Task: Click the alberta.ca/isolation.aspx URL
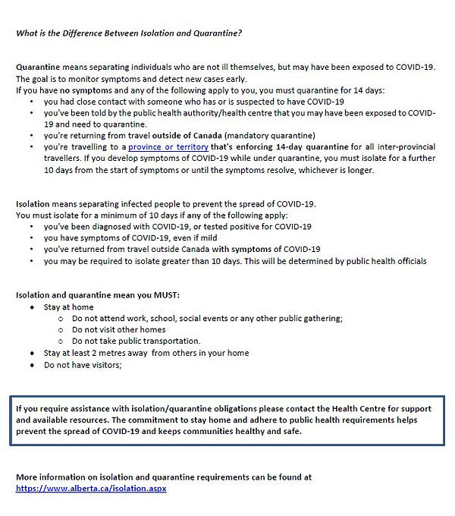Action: pos(91,488)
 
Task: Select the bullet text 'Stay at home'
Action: pos(69,307)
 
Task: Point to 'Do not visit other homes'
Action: pos(118,330)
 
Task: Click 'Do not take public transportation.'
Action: pos(136,341)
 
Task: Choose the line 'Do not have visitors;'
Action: pos(83,364)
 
